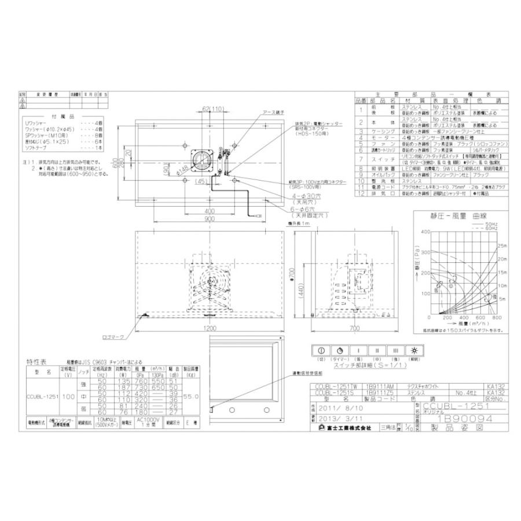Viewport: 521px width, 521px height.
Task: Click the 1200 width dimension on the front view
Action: (x=209, y=328)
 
